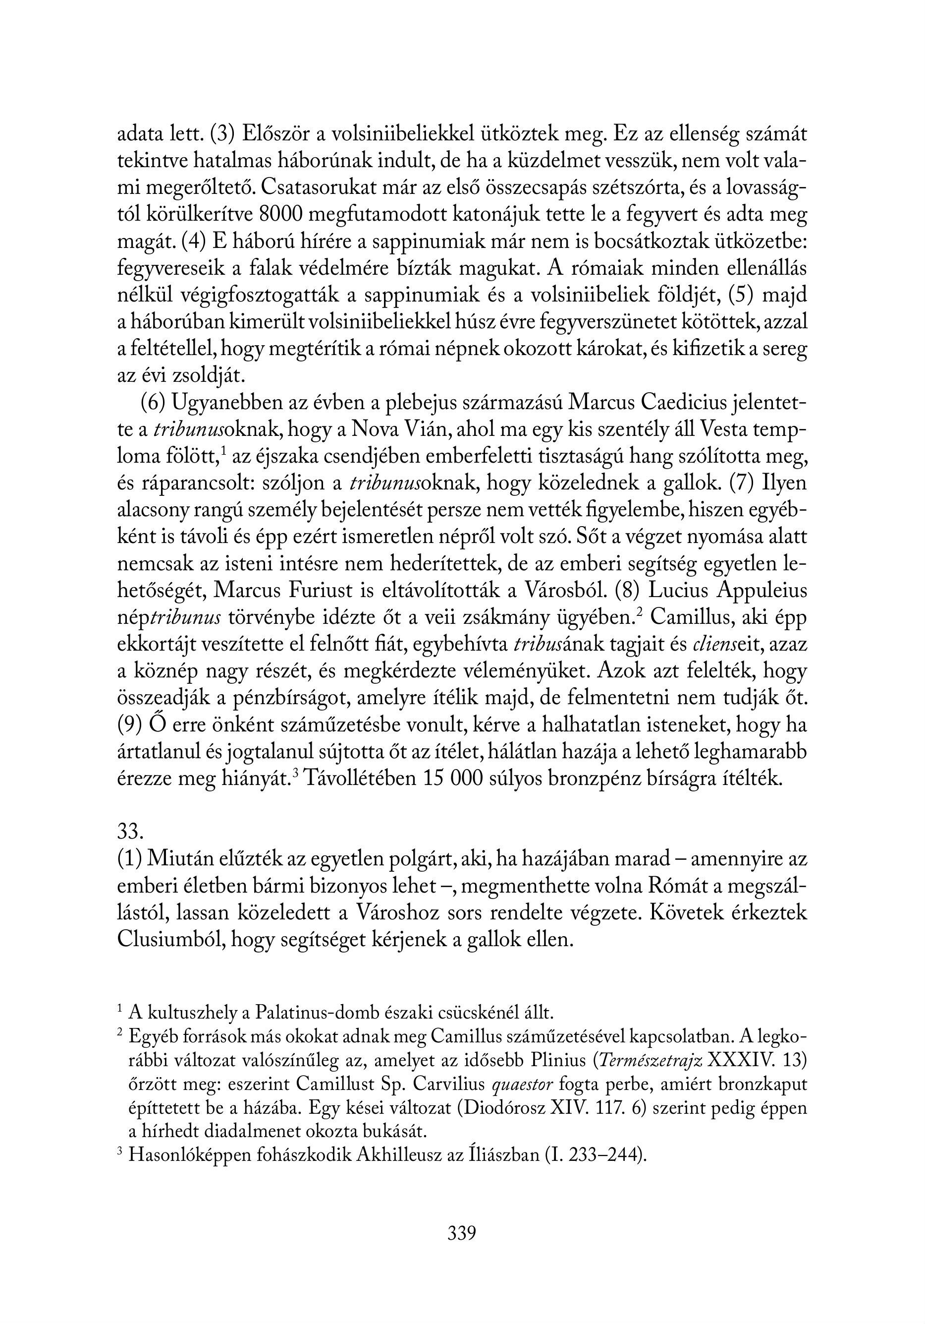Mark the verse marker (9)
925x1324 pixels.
tap(130, 725)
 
